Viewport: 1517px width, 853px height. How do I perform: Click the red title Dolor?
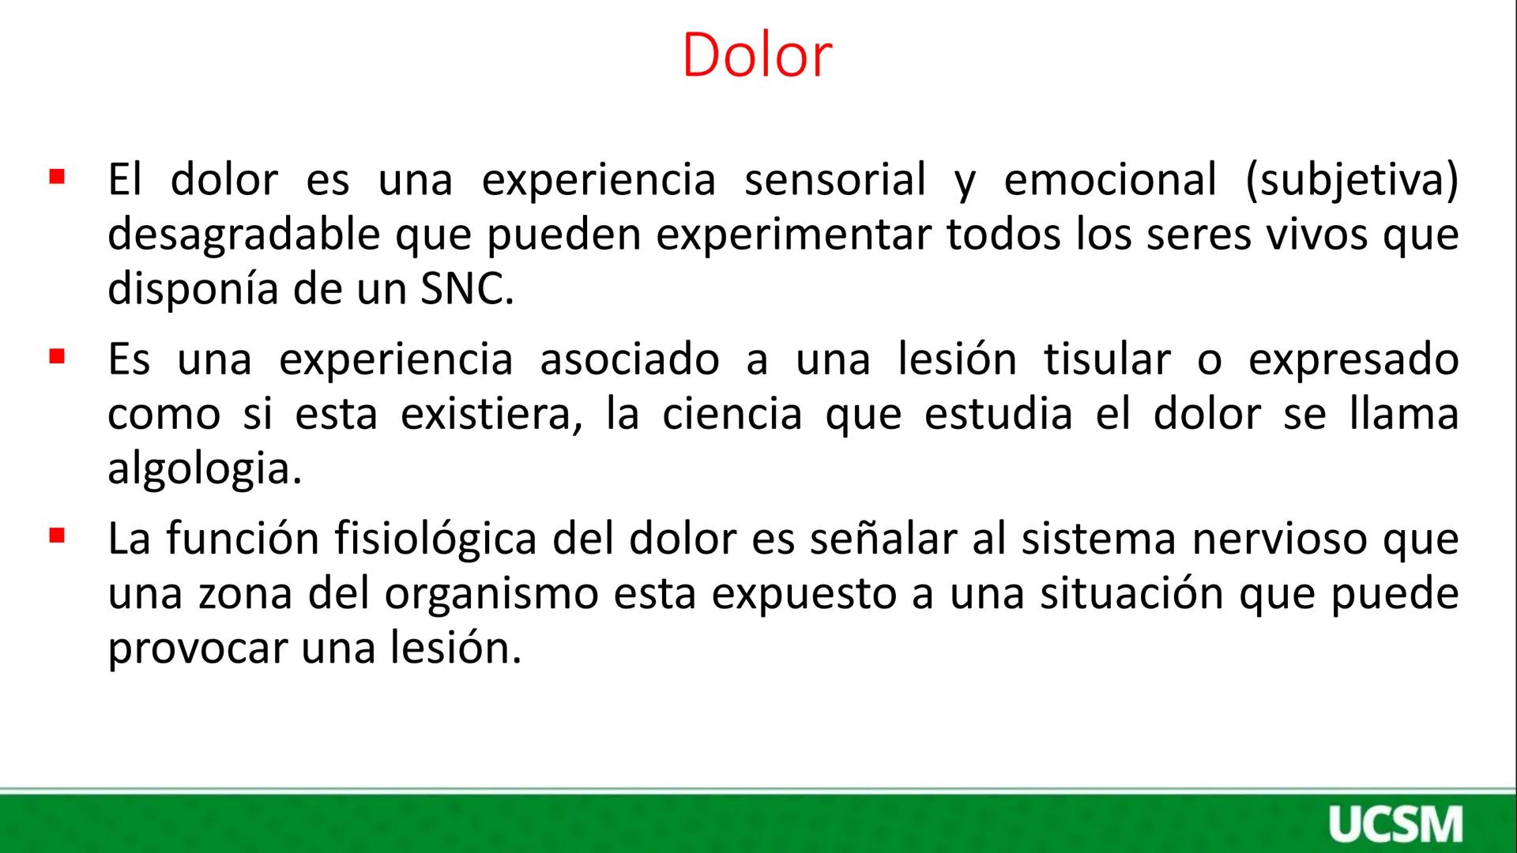click(x=756, y=55)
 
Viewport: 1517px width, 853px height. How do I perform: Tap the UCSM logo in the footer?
click(x=1395, y=825)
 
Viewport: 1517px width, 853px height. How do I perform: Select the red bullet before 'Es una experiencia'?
click(x=56, y=356)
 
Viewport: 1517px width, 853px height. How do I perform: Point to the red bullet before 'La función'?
click(x=56, y=536)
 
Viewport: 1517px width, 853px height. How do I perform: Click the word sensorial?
click(x=834, y=179)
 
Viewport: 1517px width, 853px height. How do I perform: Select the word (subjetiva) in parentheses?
click(x=1351, y=181)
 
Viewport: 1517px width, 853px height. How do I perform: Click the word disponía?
click(x=193, y=289)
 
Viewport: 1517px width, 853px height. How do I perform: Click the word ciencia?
click(x=732, y=414)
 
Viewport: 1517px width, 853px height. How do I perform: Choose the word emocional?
click(x=1110, y=179)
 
